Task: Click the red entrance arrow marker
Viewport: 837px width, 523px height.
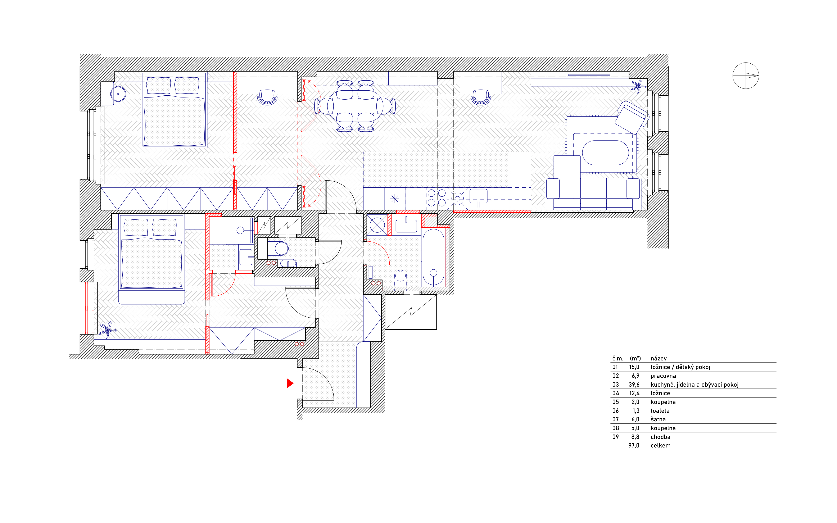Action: [x=290, y=383]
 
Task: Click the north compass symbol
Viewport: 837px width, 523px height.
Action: [x=746, y=76]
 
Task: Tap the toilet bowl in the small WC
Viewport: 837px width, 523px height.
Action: [x=278, y=248]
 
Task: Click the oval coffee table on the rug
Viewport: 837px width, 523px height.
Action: [x=605, y=153]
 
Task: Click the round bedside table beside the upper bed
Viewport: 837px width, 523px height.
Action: [x=118, y=94]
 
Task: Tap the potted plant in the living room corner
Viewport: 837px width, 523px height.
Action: [x=638, y=86]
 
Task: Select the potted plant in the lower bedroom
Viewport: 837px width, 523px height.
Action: [x=108, y=330]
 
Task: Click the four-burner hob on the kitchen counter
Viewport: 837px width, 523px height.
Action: [x=436, y=198]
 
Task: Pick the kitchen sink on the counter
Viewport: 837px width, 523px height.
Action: [x=478, y=196]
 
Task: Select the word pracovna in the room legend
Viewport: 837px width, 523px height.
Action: [x=663, y=376]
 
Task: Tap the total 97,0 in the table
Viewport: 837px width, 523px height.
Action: [x=634, y=446]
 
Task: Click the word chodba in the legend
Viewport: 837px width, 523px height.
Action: [x=660, y=437]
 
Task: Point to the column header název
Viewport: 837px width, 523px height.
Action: [x=659, y=358]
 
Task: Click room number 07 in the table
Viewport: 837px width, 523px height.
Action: [x=615, y=419]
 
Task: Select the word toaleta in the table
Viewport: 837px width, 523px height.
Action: [x=660, y=411]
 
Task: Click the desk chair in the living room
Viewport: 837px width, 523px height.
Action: [x=481, y=97]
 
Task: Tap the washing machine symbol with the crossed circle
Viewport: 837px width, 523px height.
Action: [x=377, y=225]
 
